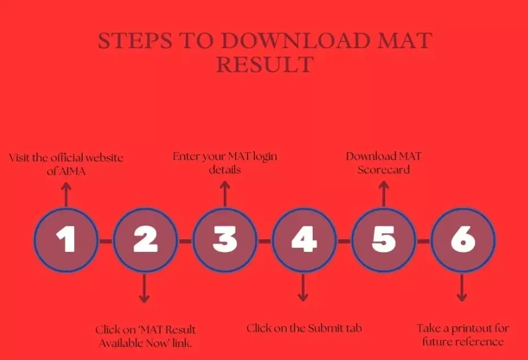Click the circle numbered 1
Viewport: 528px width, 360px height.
click(66, 240)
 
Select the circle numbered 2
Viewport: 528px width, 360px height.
click(146, 240)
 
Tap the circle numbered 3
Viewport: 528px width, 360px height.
click(225, 240)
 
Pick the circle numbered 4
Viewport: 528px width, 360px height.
click(304, 240)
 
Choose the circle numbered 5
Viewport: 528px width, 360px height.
click(384, 240)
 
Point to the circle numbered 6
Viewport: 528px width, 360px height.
click(463, 240)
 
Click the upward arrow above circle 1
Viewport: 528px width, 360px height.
click(66, 195)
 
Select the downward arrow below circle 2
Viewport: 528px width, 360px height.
click(144, 288)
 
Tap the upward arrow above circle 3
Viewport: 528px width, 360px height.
click(225, 194)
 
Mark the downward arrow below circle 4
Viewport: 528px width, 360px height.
click(303, 288)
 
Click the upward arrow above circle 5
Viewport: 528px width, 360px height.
click(384, 194)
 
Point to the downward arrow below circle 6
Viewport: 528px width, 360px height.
click(462, 288)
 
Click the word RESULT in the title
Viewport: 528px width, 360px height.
click(265, 65)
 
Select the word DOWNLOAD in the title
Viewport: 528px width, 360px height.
click(296, 40)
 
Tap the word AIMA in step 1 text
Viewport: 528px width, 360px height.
click(72, 172)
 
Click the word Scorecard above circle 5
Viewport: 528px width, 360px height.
click(384, 170)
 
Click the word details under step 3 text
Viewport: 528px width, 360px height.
click(224, 169)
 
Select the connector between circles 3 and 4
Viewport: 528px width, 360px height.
click(265, 241)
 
